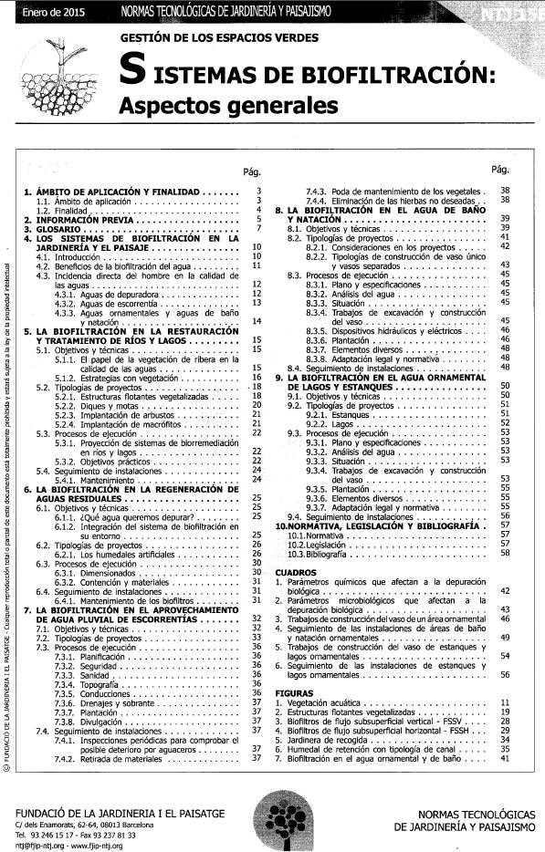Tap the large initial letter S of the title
tap(134, 72)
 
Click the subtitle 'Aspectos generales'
tap(228, 104)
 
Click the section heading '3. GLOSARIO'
tap(60, 229)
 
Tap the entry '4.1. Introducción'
tap(67, 258)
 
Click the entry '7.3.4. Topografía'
tap(78, 683)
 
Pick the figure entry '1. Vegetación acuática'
tap(323, 703)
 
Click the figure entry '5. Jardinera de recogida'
tap(324, 740)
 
